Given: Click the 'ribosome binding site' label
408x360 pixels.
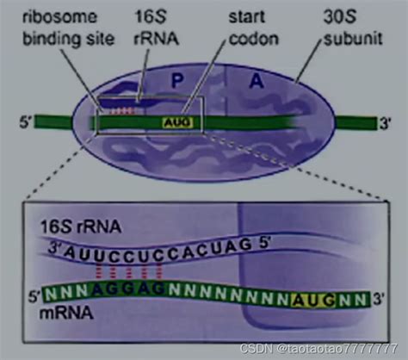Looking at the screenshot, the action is (x=69, y=28).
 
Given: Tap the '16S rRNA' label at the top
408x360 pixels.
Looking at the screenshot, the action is (x=157, y=28).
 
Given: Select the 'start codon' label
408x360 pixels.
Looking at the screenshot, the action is (x=254, y=28).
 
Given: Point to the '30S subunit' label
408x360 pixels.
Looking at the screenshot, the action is (x=353, y=28).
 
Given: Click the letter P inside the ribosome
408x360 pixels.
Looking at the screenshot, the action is (x=177, y=81).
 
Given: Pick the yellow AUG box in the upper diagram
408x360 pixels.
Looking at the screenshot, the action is (x=177, y=123).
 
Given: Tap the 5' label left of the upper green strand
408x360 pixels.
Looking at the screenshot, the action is (x=26, y=122).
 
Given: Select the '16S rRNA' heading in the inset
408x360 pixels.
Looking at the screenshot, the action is (x=81, y=227).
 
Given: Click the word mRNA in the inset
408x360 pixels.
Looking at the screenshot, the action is (x=66, y=313).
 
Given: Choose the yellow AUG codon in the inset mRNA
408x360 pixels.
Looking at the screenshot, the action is (x=313, y=301).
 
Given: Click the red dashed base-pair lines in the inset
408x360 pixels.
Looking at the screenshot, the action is (x=129, y=270).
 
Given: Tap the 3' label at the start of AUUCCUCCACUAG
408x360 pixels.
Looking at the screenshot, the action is (x=55, y=248).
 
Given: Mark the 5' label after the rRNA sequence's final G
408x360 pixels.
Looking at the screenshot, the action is (x=265, y=245).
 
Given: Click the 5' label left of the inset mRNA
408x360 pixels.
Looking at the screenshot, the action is (x=34, y=296).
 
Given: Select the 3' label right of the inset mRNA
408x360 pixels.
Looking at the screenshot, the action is (x=379, y=300).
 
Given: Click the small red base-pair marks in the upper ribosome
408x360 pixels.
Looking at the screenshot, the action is (x=123, y=111).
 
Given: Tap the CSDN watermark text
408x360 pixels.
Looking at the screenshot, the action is (x=318, y=349).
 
